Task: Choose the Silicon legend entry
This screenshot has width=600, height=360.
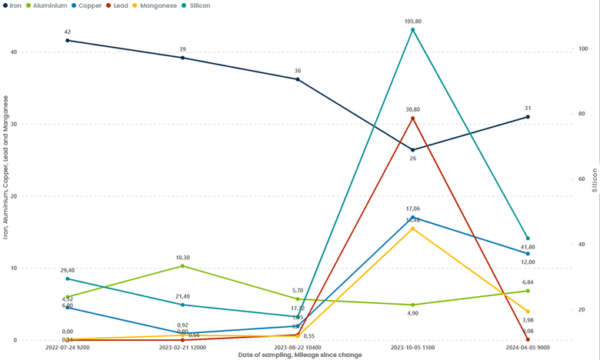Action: click(x=218, y=5)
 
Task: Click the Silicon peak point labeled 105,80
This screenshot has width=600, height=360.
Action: click(x=413, y=30)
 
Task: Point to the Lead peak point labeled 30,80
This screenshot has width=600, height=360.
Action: click(x=413, y=118)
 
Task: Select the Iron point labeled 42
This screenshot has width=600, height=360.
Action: click(x=68, y=40)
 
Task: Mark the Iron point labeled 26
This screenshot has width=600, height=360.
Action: click(x=413, y=150)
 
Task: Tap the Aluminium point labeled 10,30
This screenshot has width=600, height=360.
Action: click(x=182, y=266)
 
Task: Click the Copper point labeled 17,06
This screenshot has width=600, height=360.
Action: click(x=413, y=218)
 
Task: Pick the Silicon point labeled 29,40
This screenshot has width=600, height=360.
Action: click(x=68, y=278)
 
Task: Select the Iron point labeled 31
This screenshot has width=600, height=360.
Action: click(x=528, y=117)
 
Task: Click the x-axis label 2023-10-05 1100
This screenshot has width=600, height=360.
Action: click(x=413, y=348)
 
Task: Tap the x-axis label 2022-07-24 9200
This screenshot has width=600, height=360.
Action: click(x=68, y=348)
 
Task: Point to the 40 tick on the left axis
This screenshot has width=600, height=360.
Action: click(x=14, y=52)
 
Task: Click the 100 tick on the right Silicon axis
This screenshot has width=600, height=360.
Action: click(x=583, y=48)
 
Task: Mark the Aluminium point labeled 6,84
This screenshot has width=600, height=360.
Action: click(x=528, y=291)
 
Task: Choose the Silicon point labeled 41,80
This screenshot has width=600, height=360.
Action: click(x=528, y=238)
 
